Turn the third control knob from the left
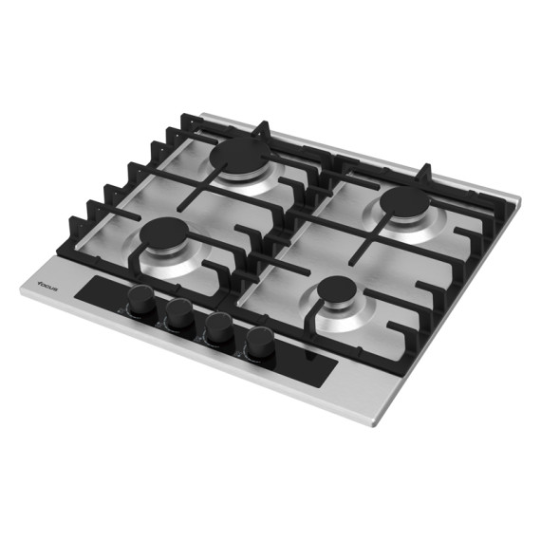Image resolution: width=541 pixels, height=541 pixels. point(218,329)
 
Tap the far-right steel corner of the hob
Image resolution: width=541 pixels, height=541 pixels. point(518,200)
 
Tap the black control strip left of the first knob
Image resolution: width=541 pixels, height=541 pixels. point(100,289)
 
